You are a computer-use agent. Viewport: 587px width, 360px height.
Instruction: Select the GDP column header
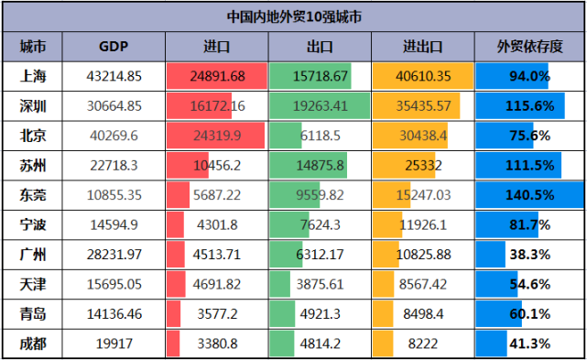point(114,47)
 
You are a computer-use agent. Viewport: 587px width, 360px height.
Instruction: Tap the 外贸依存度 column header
point(528,47)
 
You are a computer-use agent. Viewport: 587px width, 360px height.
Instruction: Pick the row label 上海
point(34,77)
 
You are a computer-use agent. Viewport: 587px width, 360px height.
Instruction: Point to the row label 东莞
point(34,194)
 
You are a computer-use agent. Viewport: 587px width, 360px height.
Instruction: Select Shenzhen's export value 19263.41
point(321,106)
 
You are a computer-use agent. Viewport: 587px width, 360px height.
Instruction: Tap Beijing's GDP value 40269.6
point(114,136)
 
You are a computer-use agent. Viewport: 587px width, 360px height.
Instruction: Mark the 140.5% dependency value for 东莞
point(528,194)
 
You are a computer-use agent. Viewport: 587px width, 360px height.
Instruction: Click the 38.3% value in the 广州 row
point(528,254)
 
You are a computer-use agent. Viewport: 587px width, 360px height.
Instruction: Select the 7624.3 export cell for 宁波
point(321,224)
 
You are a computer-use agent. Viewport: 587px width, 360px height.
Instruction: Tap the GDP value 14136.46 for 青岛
point(114,313)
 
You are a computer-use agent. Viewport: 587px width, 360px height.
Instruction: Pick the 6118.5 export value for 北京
point(321,136)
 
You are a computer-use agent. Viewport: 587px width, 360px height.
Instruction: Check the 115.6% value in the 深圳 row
point(528,106)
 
